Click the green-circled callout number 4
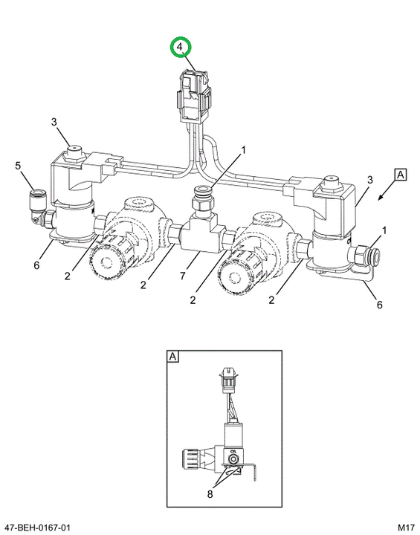[x=180, y=46]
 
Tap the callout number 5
[x=18, y=166]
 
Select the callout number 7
[x=182, y=275]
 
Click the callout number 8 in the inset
[x=210, y=493]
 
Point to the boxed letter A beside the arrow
[x=400, y=175]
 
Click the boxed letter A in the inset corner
[x=172, y=357]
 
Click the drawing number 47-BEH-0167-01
[x=36, y=528]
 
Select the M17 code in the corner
[x=407, y=528]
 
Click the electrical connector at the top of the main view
[x=193, y=96]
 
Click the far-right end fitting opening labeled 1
[x=375, y=256]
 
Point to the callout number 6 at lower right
[x=379, y=305]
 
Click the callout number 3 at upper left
[x=54, y=122]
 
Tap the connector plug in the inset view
[x=227, y=379]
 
